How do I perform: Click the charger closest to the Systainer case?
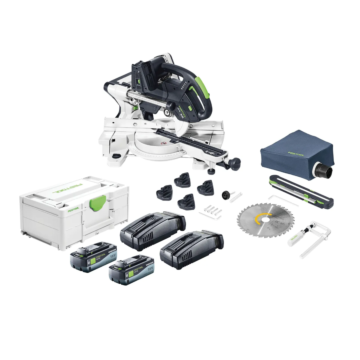147,237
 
